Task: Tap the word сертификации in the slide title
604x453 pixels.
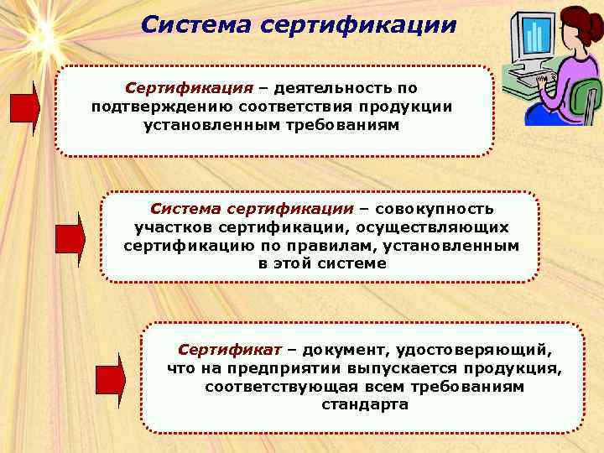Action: click(x=359, y=23)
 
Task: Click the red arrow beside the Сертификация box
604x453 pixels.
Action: click(x=24, y=108)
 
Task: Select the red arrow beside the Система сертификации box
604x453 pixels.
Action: click(x=70, y=239)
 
